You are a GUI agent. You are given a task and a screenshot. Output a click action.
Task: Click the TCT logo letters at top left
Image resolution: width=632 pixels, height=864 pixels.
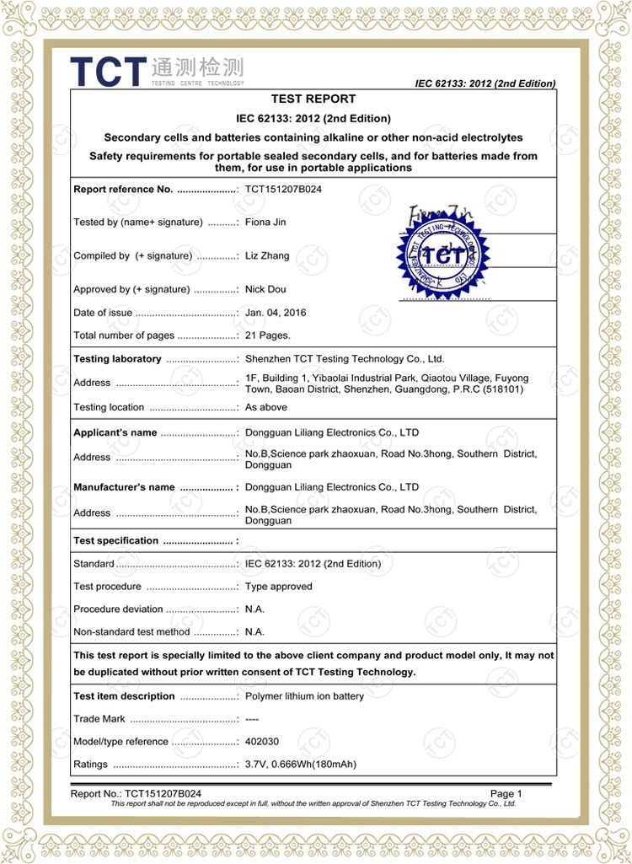[108, 71]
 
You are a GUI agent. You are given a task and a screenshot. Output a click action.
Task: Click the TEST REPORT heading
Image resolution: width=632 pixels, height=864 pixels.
[313, 99]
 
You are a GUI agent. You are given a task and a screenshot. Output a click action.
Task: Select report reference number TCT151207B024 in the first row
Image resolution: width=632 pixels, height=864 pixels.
[283, 189]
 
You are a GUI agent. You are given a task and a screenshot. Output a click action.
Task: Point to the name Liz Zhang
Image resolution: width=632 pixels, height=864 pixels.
[268, 255]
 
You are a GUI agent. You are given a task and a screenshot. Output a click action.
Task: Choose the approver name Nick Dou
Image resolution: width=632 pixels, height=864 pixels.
[265, 289]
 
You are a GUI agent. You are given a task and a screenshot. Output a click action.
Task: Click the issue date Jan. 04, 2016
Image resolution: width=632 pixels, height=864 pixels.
[276, 312]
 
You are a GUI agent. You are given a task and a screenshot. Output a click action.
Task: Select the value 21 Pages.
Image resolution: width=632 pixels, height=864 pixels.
[268, 335]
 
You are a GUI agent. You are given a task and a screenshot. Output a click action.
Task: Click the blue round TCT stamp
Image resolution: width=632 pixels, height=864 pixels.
[443, 252]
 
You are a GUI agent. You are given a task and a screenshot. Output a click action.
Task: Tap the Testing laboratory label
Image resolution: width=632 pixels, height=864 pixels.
[117, 359]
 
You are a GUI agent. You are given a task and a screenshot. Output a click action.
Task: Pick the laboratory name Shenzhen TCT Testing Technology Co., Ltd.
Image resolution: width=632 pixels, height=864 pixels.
[345, 359]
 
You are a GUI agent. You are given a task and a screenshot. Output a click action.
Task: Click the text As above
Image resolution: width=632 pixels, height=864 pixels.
[266, 407]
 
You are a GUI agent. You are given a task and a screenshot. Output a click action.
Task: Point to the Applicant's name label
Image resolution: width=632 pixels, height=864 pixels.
[115, 432]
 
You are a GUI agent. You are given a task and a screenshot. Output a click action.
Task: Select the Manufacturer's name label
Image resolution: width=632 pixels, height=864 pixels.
[124, 487]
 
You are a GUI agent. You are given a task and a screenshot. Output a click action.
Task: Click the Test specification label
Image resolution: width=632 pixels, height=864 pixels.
[115, 540]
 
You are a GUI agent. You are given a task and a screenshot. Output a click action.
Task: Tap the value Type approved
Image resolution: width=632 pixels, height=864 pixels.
[279, 586]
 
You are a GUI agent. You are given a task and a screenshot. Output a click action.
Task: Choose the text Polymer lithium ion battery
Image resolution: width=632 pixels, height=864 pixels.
[305, 696]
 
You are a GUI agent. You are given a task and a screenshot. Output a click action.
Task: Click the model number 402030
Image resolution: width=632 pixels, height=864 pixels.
[262, 742]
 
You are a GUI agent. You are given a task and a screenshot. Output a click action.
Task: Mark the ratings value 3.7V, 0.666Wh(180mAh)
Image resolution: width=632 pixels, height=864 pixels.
[301, 765]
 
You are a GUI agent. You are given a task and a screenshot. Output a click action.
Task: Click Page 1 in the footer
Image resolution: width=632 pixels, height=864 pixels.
[506, 793]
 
